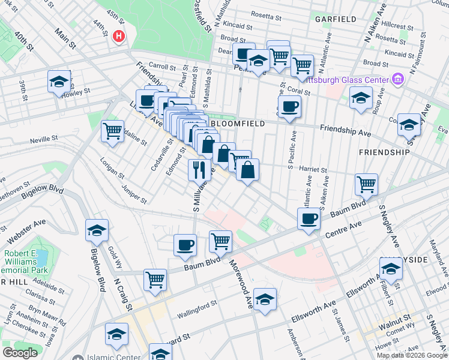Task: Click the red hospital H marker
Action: (119, 36)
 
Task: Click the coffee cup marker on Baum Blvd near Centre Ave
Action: (309, 218)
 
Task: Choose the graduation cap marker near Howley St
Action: (59, 81)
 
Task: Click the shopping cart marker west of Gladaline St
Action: (112, 131)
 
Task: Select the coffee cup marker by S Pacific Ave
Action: (290, 107)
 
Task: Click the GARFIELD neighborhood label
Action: (336, 19)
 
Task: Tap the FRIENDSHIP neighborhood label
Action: (384, 152)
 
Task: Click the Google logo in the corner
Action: (20, 353)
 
